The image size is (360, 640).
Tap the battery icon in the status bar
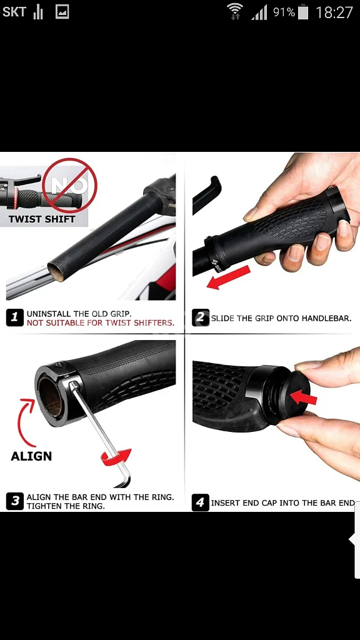click(x=303, y=12)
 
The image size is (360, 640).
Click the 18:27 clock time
click(x=334, y=12)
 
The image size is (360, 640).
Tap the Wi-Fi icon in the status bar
click(x=235, y=11)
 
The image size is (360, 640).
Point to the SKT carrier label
click(x=14, y=12)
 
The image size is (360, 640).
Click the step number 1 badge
click(x=15, y=317)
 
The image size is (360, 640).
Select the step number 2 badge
click(x=201, y=317)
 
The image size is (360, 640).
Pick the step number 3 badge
click(x=15, y=501)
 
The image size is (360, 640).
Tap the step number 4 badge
click(x=200, y=502)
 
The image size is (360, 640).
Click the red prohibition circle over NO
click(x=70, y=186)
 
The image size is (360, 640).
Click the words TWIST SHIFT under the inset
click(x=42, y=219)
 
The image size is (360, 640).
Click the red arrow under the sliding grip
click(x=228, y=277)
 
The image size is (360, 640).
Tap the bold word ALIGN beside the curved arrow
click(x=31, y=456)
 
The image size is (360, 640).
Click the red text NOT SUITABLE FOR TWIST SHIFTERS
click(x=101, y=323)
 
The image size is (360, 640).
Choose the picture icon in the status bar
click(x=62, y=12)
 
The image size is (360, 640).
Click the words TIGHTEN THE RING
click(x=66, y=506)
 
